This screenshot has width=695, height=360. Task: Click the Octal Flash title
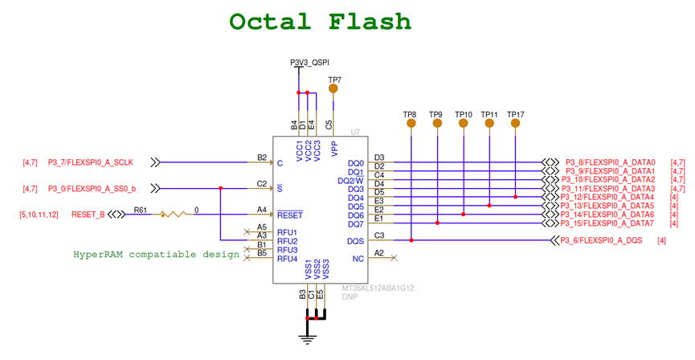pos(320,21)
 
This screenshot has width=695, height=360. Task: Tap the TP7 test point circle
pos(334,88)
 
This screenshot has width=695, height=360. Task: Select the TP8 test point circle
pos(411,125)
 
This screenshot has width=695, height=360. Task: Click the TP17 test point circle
pos(515,125)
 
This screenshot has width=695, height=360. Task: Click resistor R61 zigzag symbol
pos(174,215)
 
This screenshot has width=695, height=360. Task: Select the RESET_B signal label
pos(88,215)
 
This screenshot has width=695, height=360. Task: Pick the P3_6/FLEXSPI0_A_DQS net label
pos(603,240)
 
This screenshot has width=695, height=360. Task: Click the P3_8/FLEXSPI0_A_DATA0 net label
pos(611,162)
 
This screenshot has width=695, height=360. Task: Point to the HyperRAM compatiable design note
pos(157,254)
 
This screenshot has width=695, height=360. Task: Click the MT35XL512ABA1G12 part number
pos(377,288)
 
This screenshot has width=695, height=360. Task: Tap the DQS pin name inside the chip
pos(356,241)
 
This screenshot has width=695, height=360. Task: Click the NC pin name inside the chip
pos(358,258)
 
